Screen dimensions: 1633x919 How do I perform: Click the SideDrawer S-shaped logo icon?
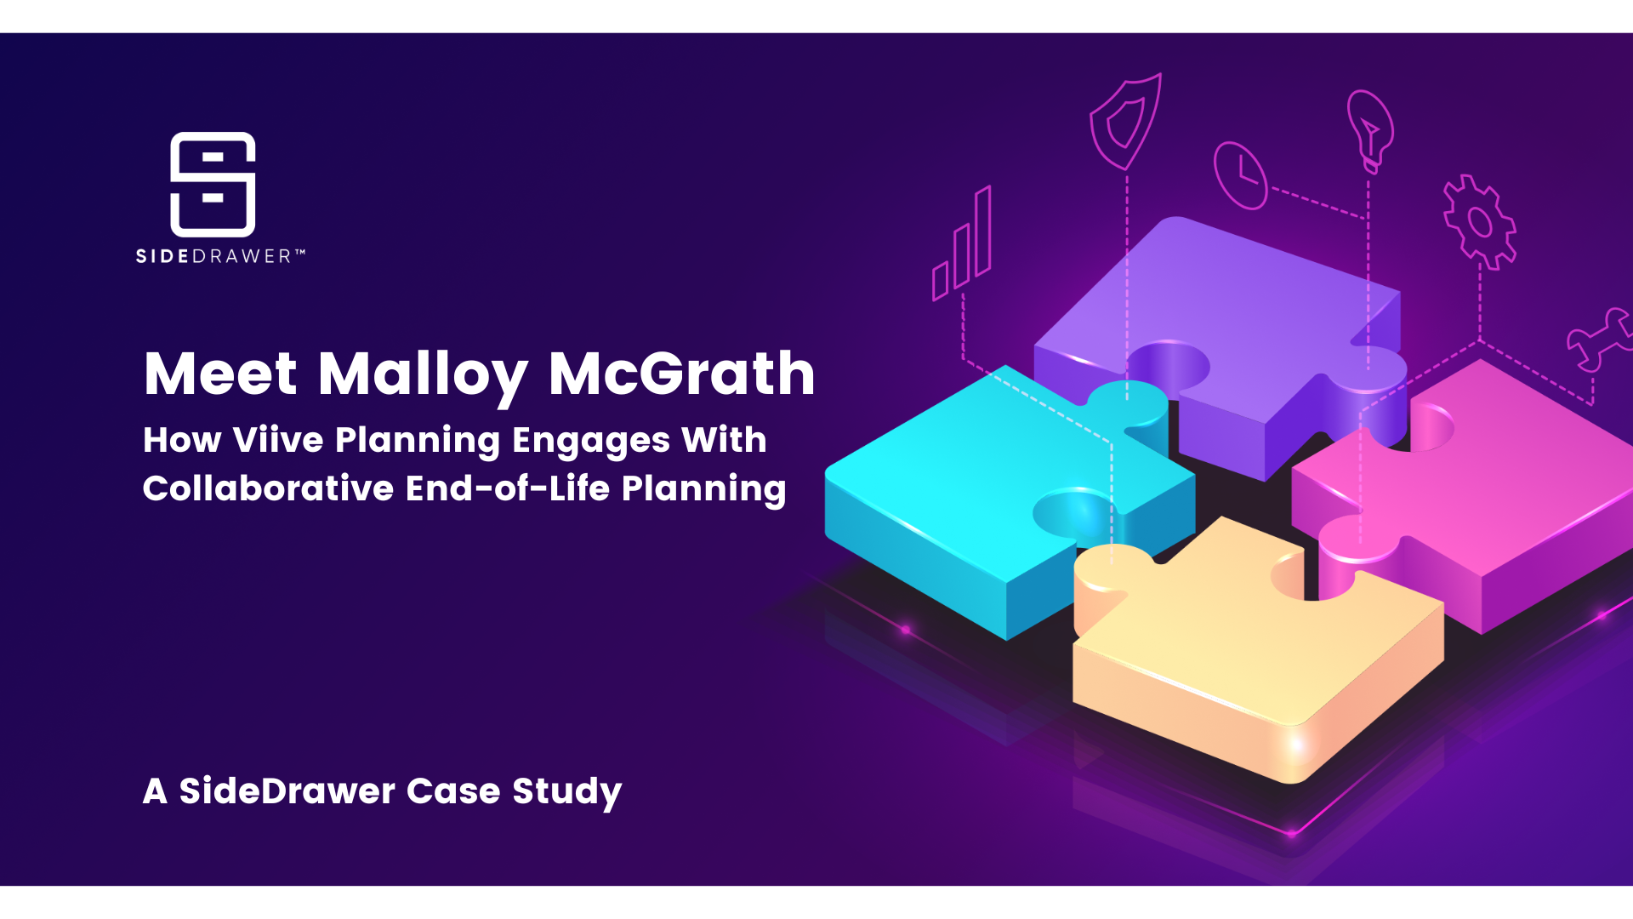213,184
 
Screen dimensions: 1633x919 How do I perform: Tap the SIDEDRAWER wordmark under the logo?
220,256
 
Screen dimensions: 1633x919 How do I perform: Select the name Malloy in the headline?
423,376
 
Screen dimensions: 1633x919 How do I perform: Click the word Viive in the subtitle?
278,440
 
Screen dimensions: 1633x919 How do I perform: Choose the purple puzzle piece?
1225,340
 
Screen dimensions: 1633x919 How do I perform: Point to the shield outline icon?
1126,122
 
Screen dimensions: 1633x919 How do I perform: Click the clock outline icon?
1240,175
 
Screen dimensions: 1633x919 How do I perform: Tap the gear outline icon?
1480,222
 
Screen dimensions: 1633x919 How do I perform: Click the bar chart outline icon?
962,243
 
